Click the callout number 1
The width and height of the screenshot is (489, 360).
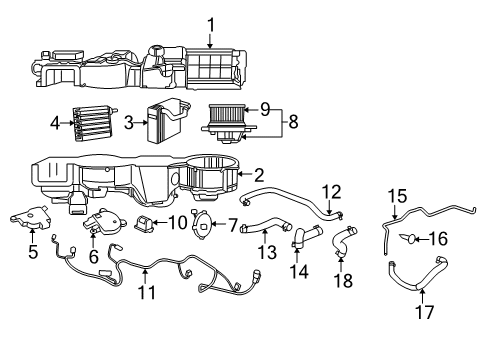coord(210,23)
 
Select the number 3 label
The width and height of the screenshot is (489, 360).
coord(129,123)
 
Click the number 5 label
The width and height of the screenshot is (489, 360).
coord(32,251)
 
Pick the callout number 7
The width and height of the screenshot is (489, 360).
coord(233,225)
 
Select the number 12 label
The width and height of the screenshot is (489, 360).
coord(331,190)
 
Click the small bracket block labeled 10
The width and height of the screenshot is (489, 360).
coord(145,222)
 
